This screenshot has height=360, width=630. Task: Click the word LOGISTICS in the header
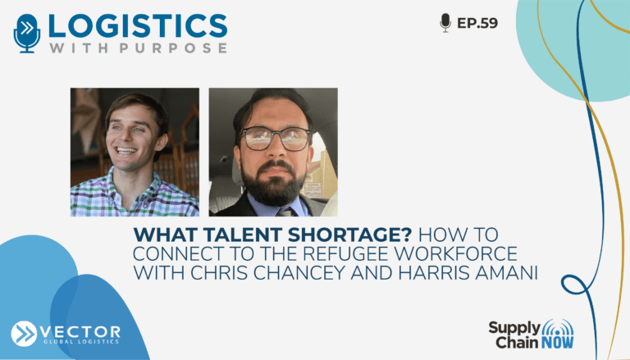[x=138, y=26]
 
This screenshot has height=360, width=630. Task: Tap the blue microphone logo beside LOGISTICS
[x=27, y=34]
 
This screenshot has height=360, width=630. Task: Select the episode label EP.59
[x=477, y=23]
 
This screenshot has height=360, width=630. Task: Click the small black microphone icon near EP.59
[x=445, y=22]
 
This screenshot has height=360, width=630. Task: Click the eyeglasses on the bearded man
[x=276, y=139]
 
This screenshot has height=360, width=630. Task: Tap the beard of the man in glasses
[x=274, y=183]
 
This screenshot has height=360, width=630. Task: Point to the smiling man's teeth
[x=126, y=151]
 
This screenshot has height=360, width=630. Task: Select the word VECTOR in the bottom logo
[x=80, y=332]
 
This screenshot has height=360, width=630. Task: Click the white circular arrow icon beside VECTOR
[x=24, y=334]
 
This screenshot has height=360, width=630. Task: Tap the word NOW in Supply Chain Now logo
[x=557, y=343]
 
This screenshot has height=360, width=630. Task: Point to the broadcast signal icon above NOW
[x=558, y=328]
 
